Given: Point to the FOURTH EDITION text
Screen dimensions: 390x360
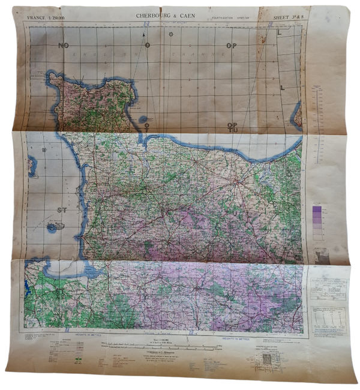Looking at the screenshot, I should (x=224, y=19).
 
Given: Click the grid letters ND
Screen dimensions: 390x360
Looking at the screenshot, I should (x=63, y=46).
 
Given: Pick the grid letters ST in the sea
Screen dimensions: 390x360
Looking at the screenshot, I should (x=62, y=209).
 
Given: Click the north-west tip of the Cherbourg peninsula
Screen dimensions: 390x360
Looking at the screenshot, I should (x=53, y=76).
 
